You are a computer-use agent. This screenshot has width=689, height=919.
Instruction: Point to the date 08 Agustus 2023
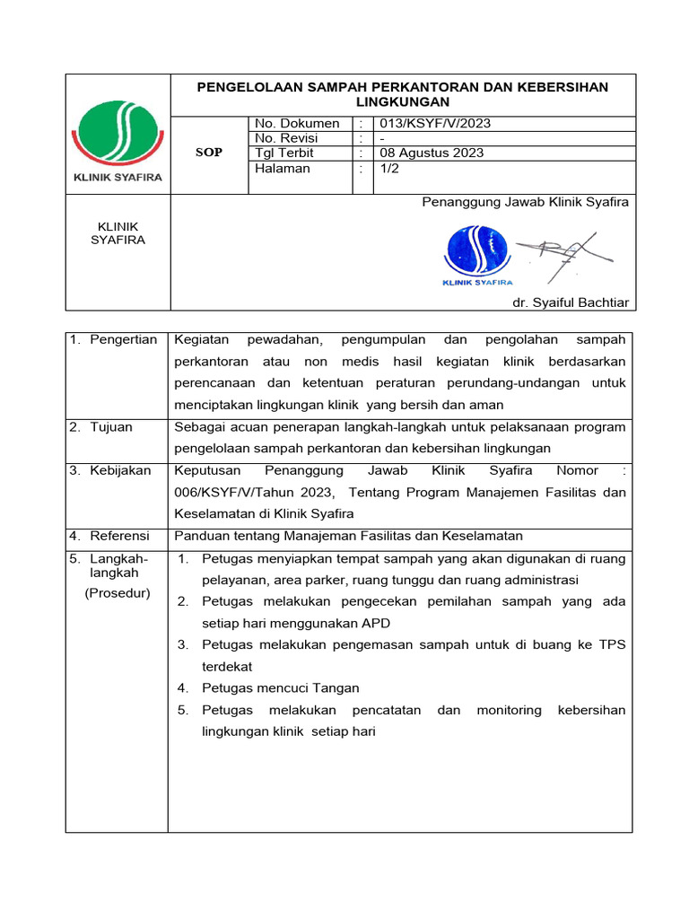tap(432, 153)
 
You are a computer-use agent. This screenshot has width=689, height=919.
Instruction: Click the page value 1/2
tap(390, 168)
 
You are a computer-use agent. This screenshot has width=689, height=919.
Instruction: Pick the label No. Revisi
tap(286, 138)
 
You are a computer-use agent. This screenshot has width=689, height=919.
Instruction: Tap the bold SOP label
tap(208, 153)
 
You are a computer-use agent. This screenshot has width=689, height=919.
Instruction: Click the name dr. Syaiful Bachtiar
tap(570, 302)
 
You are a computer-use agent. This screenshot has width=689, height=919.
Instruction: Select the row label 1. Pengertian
tap(113, 339)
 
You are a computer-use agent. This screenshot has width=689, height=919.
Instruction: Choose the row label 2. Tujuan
tap(101, 427)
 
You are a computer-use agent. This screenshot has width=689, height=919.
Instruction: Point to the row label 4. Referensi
tap(110, 536)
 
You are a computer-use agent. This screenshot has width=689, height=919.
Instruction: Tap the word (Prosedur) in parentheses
tap(117, 592)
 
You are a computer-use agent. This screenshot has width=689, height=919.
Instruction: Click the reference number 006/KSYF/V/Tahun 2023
tap(253, 492)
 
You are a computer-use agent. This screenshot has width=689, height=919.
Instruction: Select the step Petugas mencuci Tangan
tap(280, 687)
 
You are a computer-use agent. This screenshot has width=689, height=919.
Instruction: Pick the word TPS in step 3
tap(612, 644)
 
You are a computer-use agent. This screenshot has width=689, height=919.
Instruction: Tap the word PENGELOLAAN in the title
tap(247, 87)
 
